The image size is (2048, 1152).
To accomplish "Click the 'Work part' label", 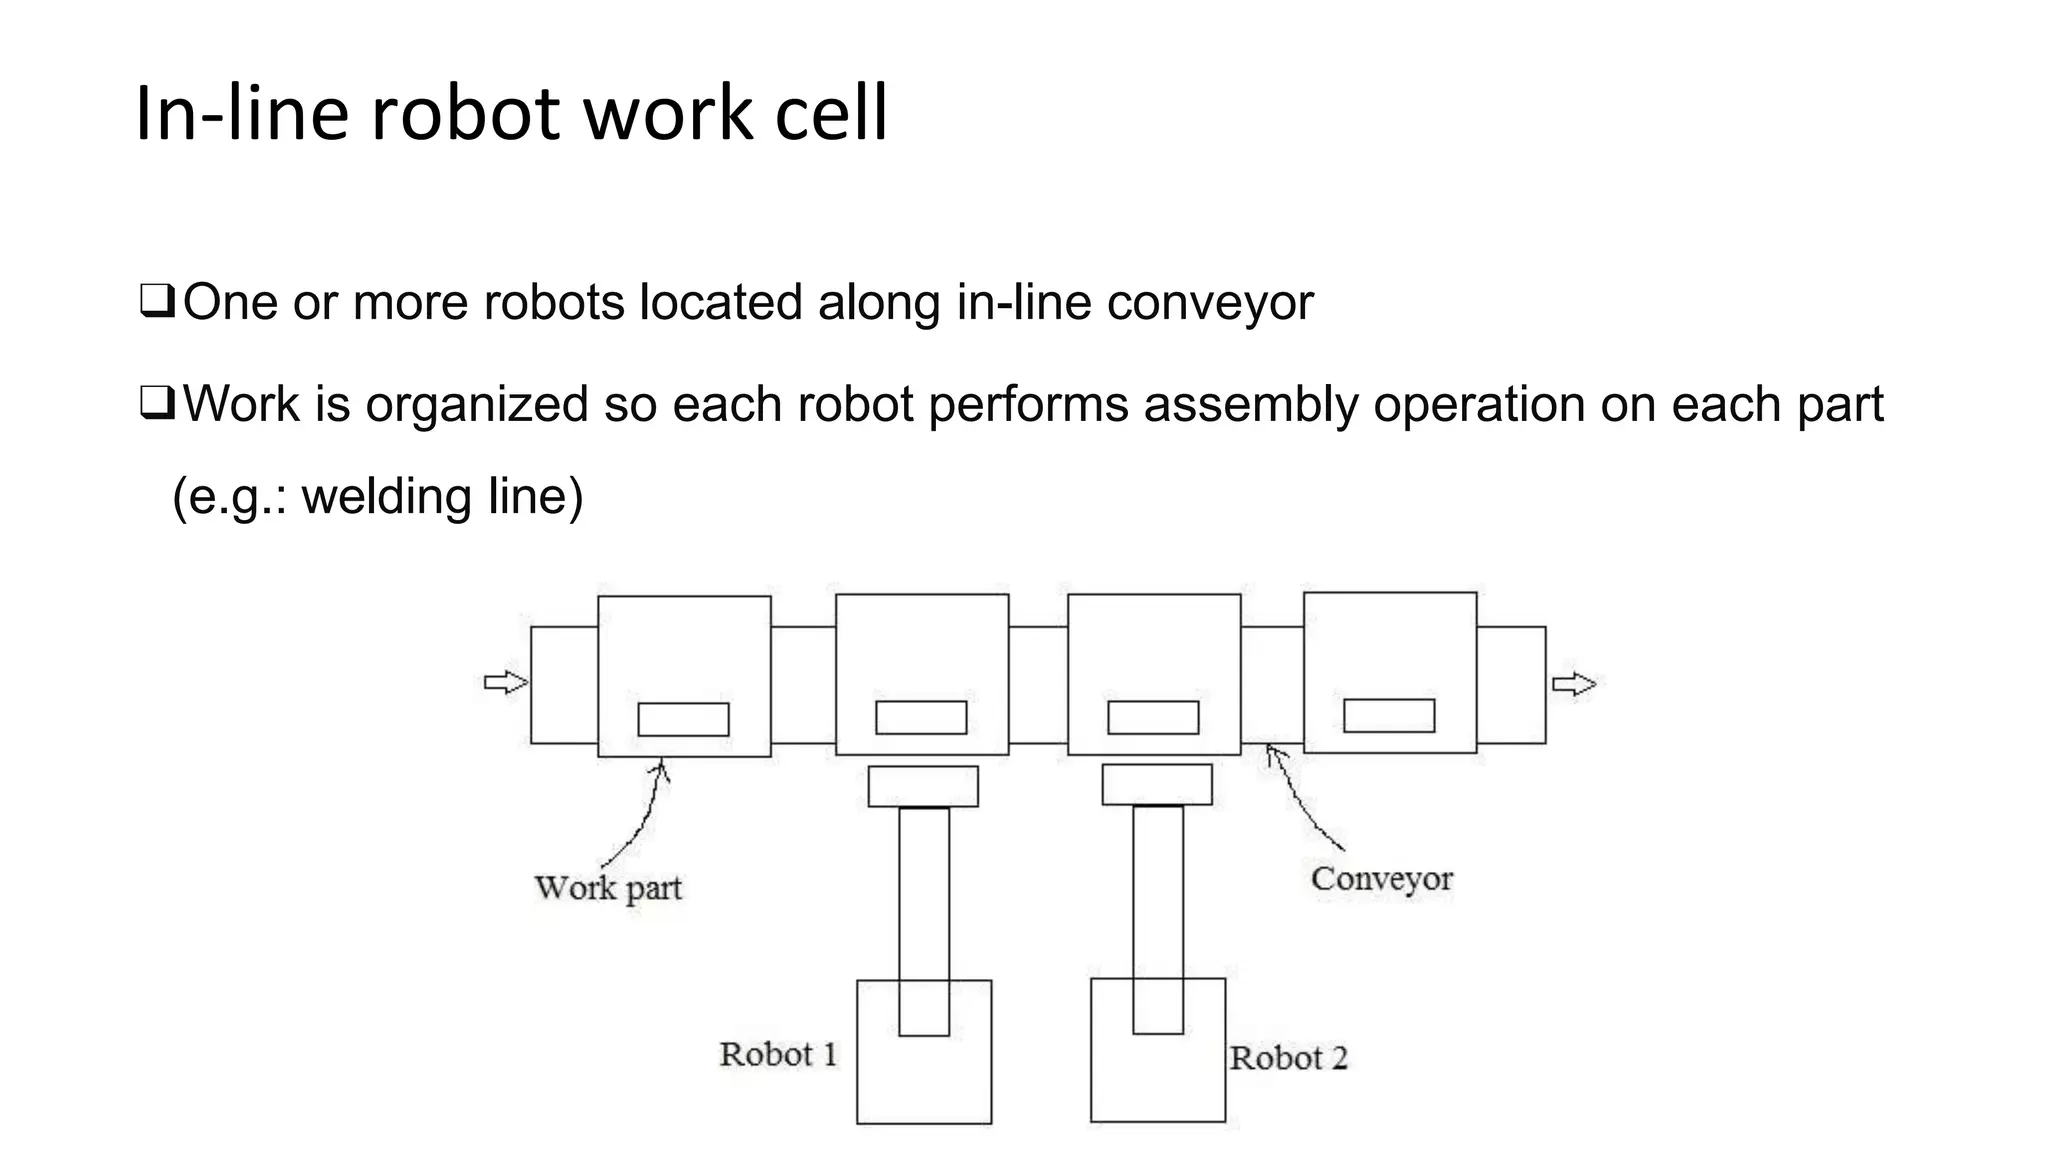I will click(x=608, y=888).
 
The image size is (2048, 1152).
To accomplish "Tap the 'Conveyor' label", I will click(x=1381, y=879).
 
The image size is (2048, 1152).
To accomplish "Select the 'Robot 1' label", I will click(x=778, y=1054).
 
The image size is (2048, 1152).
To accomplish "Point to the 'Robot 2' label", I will click(x=1288, y=1058).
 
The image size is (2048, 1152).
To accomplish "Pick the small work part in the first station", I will click(x=683, y=719).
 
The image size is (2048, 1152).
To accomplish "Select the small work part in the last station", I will click(x=1389, y=715).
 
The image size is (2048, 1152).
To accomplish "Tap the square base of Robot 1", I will click(x=924, y=1080).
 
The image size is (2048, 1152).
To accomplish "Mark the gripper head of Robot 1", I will click(x=923, y=786).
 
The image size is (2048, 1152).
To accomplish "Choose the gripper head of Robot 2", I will click(x=1157, y=785).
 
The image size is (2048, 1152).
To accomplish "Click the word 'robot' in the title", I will click(x=466, y=113).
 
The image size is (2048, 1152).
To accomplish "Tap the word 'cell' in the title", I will click(x=831, y=113).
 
